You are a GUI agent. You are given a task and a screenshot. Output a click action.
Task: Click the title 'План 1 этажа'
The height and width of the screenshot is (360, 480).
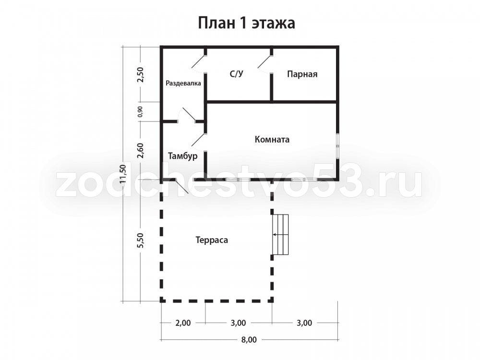point(246,23)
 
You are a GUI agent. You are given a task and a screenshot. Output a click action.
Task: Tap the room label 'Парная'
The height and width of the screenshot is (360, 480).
point(302,74)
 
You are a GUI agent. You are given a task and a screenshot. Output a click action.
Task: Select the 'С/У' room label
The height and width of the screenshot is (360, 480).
point(236,74)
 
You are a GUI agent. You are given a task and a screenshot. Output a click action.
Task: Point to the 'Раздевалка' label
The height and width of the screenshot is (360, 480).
point(183,83)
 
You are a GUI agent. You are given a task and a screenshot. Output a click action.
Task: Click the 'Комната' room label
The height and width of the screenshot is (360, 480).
point(272,140)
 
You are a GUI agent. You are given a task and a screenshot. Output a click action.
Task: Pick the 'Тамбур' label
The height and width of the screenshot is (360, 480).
point(183,156)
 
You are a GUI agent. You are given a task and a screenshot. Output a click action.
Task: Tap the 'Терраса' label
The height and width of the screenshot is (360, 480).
point(212,240)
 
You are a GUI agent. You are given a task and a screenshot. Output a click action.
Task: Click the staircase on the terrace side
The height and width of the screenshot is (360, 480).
point(281,235)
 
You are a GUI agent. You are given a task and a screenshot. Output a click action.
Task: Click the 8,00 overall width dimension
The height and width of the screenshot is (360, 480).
point(249,339)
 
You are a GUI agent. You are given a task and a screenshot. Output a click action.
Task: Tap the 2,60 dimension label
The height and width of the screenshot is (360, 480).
point(141,151)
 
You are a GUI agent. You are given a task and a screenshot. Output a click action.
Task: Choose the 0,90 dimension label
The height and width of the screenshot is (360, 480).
point(140,112)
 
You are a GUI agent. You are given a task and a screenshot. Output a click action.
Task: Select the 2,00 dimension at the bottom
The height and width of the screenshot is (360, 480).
point(183,323)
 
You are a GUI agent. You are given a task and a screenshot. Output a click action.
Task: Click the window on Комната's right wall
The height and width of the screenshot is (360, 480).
point(337,146)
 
